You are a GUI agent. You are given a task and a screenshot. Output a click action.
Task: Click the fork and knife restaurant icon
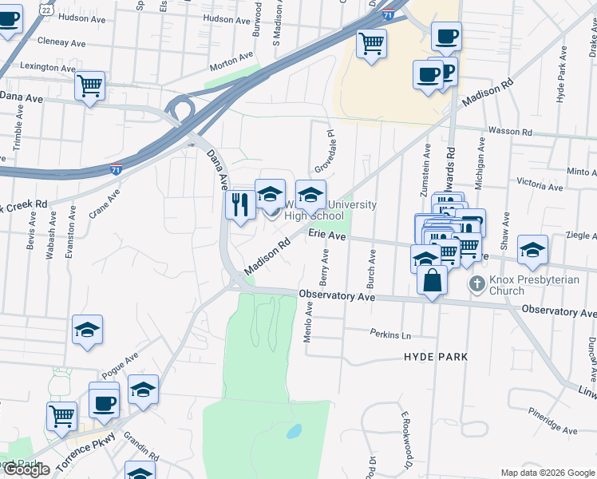click(x=240, y=205)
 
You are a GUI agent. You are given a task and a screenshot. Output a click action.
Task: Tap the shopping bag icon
click(x=432, y=281)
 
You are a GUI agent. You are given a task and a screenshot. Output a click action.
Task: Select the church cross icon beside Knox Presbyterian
click(x=476, y=283)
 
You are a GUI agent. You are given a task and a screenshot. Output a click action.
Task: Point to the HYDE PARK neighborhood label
click(x=436, y=356)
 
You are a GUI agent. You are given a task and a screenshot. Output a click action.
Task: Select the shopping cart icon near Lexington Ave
click(x=90, y=85)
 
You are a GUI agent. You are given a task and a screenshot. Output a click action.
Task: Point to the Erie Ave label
click(x=327, y=236)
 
